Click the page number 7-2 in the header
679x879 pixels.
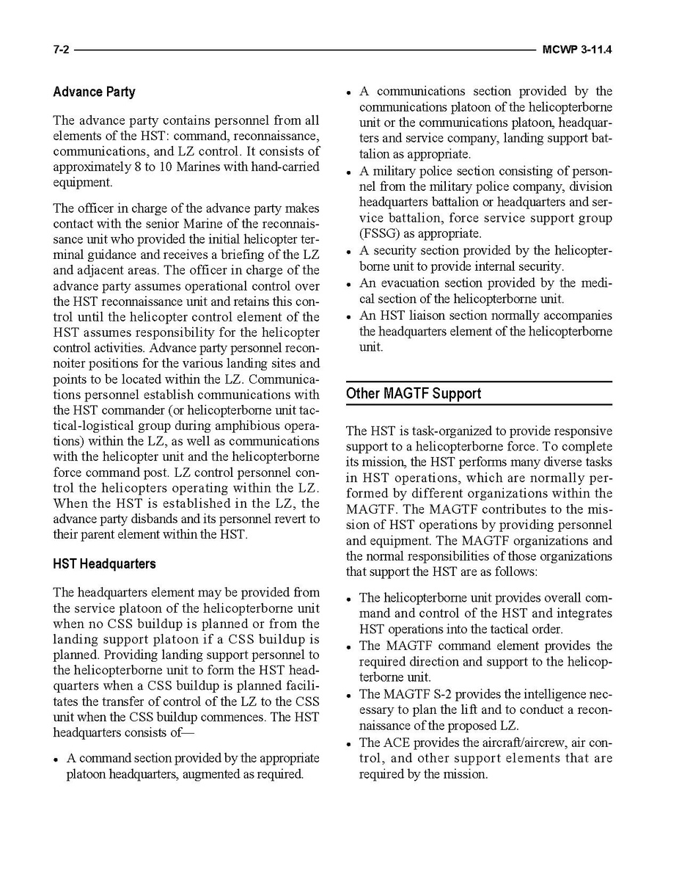(x=61, y=50)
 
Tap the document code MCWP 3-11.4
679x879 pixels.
(x=577, y=50)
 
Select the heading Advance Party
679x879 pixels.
(x=94, y=92)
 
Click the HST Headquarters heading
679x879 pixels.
(x=104, y=564)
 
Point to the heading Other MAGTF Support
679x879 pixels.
(x=414, y=393)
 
